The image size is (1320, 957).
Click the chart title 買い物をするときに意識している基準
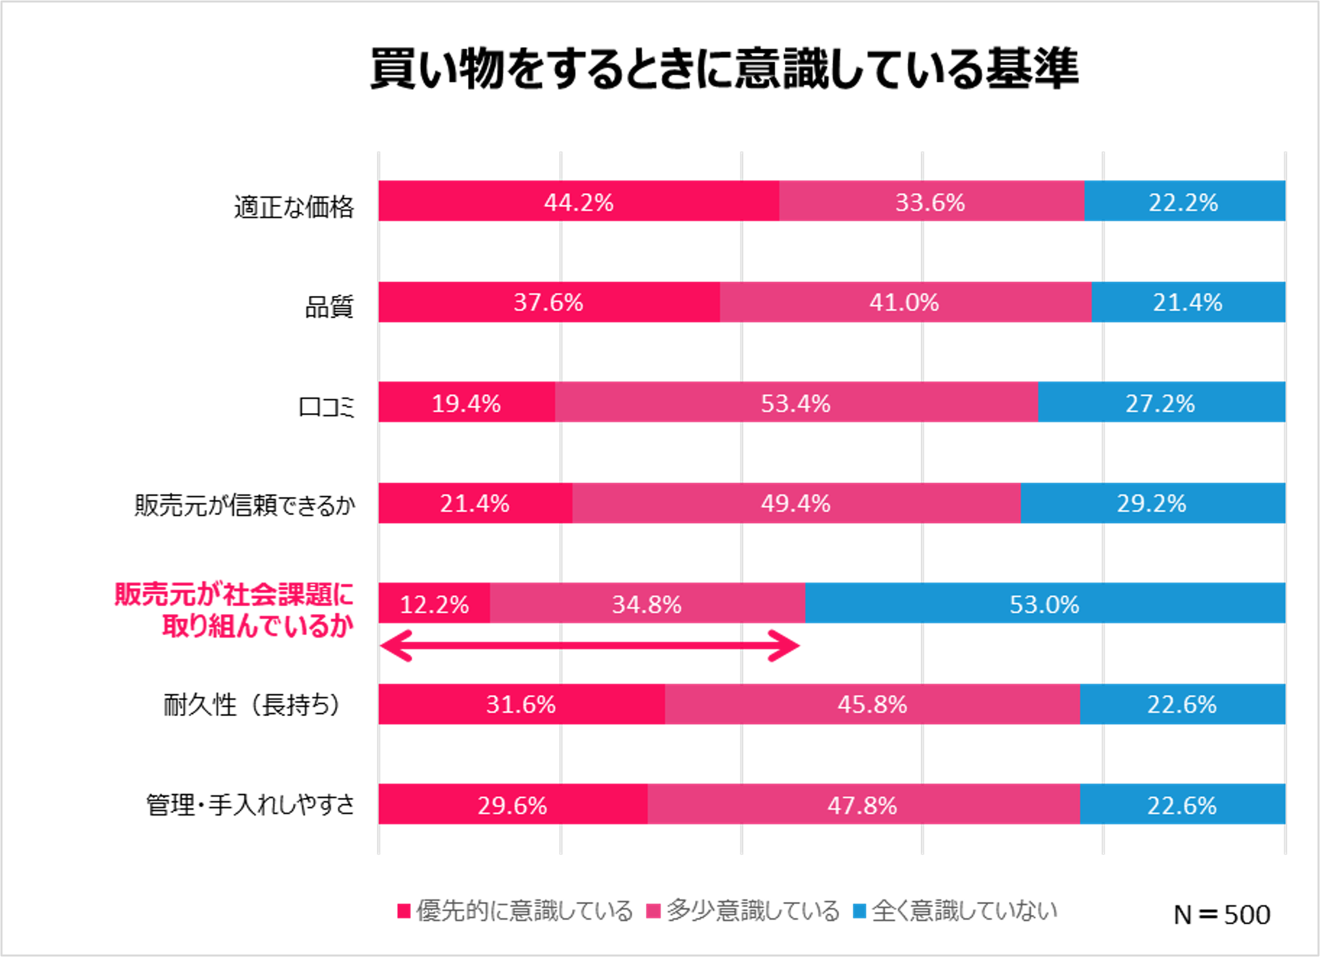click(724, 68)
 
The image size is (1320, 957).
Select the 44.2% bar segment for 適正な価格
click(579, 202)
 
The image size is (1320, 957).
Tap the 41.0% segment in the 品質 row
click(904, 302)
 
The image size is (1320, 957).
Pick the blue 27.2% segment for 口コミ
click(1160, 403)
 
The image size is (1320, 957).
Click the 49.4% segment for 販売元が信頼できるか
click(796, 503)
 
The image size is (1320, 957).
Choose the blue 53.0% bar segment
click(1044, 604)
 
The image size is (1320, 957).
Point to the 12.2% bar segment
click(434, 604)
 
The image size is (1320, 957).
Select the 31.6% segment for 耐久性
click(521, 704)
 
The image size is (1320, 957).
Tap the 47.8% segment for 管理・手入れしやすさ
click(863, 804)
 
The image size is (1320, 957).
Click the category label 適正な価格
click(294, 208)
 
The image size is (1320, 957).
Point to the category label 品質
click(329, 307)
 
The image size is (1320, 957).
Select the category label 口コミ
click(326, 407)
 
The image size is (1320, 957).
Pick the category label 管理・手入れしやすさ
click(250, 805)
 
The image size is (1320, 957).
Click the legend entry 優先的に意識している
click(516, 911)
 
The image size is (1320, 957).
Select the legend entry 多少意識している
click(743, 911)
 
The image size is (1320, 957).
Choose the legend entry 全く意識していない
click(955, 911)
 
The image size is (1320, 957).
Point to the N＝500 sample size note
click(1222, 914)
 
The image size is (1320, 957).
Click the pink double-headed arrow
click(589, 646)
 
